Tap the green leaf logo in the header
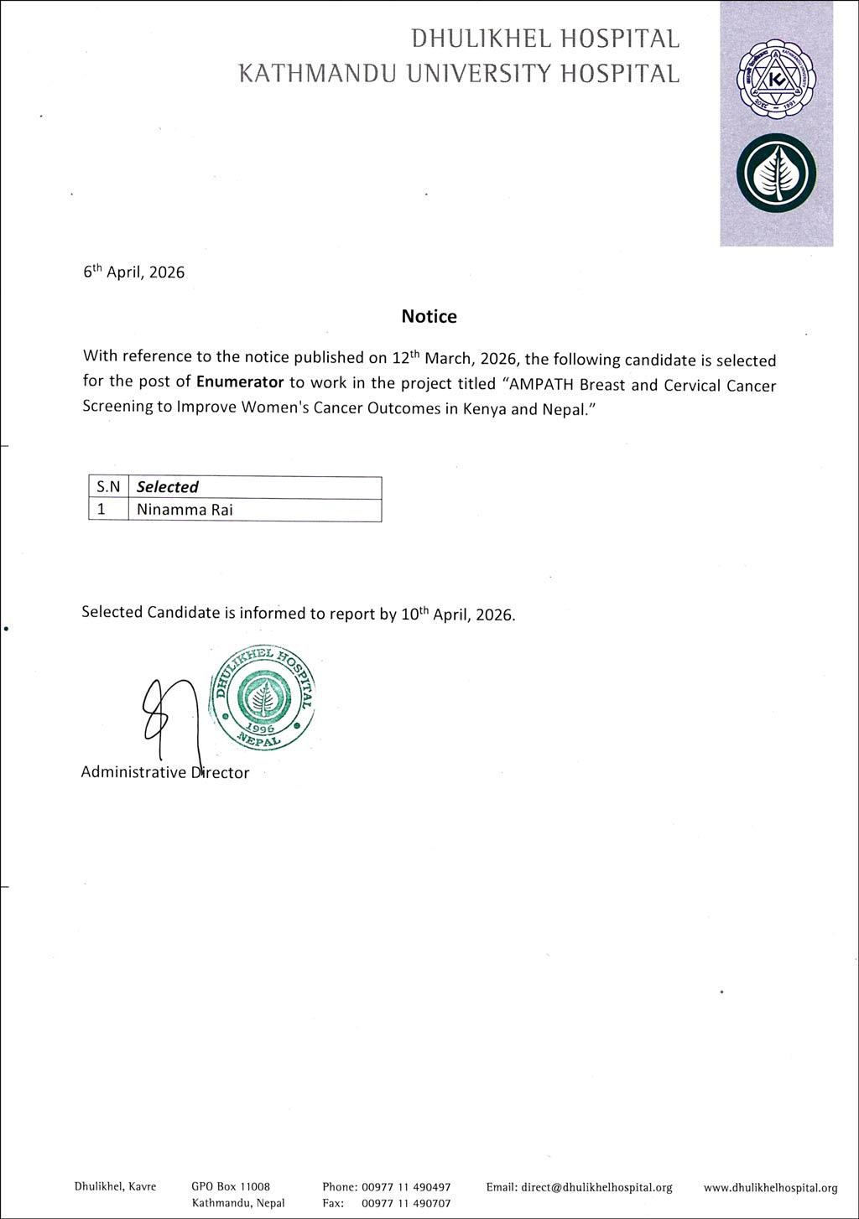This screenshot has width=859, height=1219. pyautogui.click(x=776, y=173)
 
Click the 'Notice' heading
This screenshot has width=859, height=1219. pyautogui.click(x=429, y=316)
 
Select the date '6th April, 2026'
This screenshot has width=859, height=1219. pyautogui.click(x=133, y=272)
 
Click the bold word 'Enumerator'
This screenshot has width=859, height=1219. pyautogui.click(x=240, y=382)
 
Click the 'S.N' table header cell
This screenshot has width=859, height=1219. pyautogui.click(x=108, y=487)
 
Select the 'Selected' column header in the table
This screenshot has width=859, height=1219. pyautogui.click(x=168, y=487)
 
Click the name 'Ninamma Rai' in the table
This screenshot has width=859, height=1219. pyautogui.click(x=185, y=510)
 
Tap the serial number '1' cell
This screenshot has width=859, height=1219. pyautogui.click(x=102, y=510)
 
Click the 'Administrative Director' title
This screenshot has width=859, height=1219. pyautogui.click(x=164, y=772)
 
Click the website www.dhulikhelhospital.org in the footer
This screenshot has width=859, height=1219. pyautogui.click(x=770, y=1187)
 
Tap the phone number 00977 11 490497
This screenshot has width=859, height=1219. pyautogui.click(x=406, y=1187)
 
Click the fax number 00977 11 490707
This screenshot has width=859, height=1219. pyautogui.click(x=406, y=1203)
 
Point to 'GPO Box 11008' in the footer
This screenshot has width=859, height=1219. pyautogui.click(x=231, y=1187)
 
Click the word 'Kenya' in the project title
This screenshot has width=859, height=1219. pyautogui.click(x=485, y=412)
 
